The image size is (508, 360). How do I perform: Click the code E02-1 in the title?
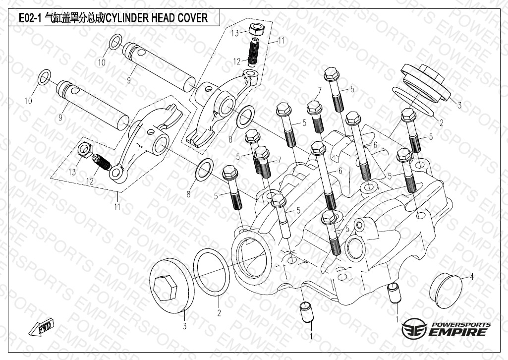[x=29, y=19]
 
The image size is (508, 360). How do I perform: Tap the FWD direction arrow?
[x=43, y=329]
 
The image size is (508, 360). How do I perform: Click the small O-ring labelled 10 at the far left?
[x=44, y=77]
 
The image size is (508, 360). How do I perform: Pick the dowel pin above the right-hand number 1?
[x=394, y=292]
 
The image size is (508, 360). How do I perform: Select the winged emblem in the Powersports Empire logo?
[x=414, y=329]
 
